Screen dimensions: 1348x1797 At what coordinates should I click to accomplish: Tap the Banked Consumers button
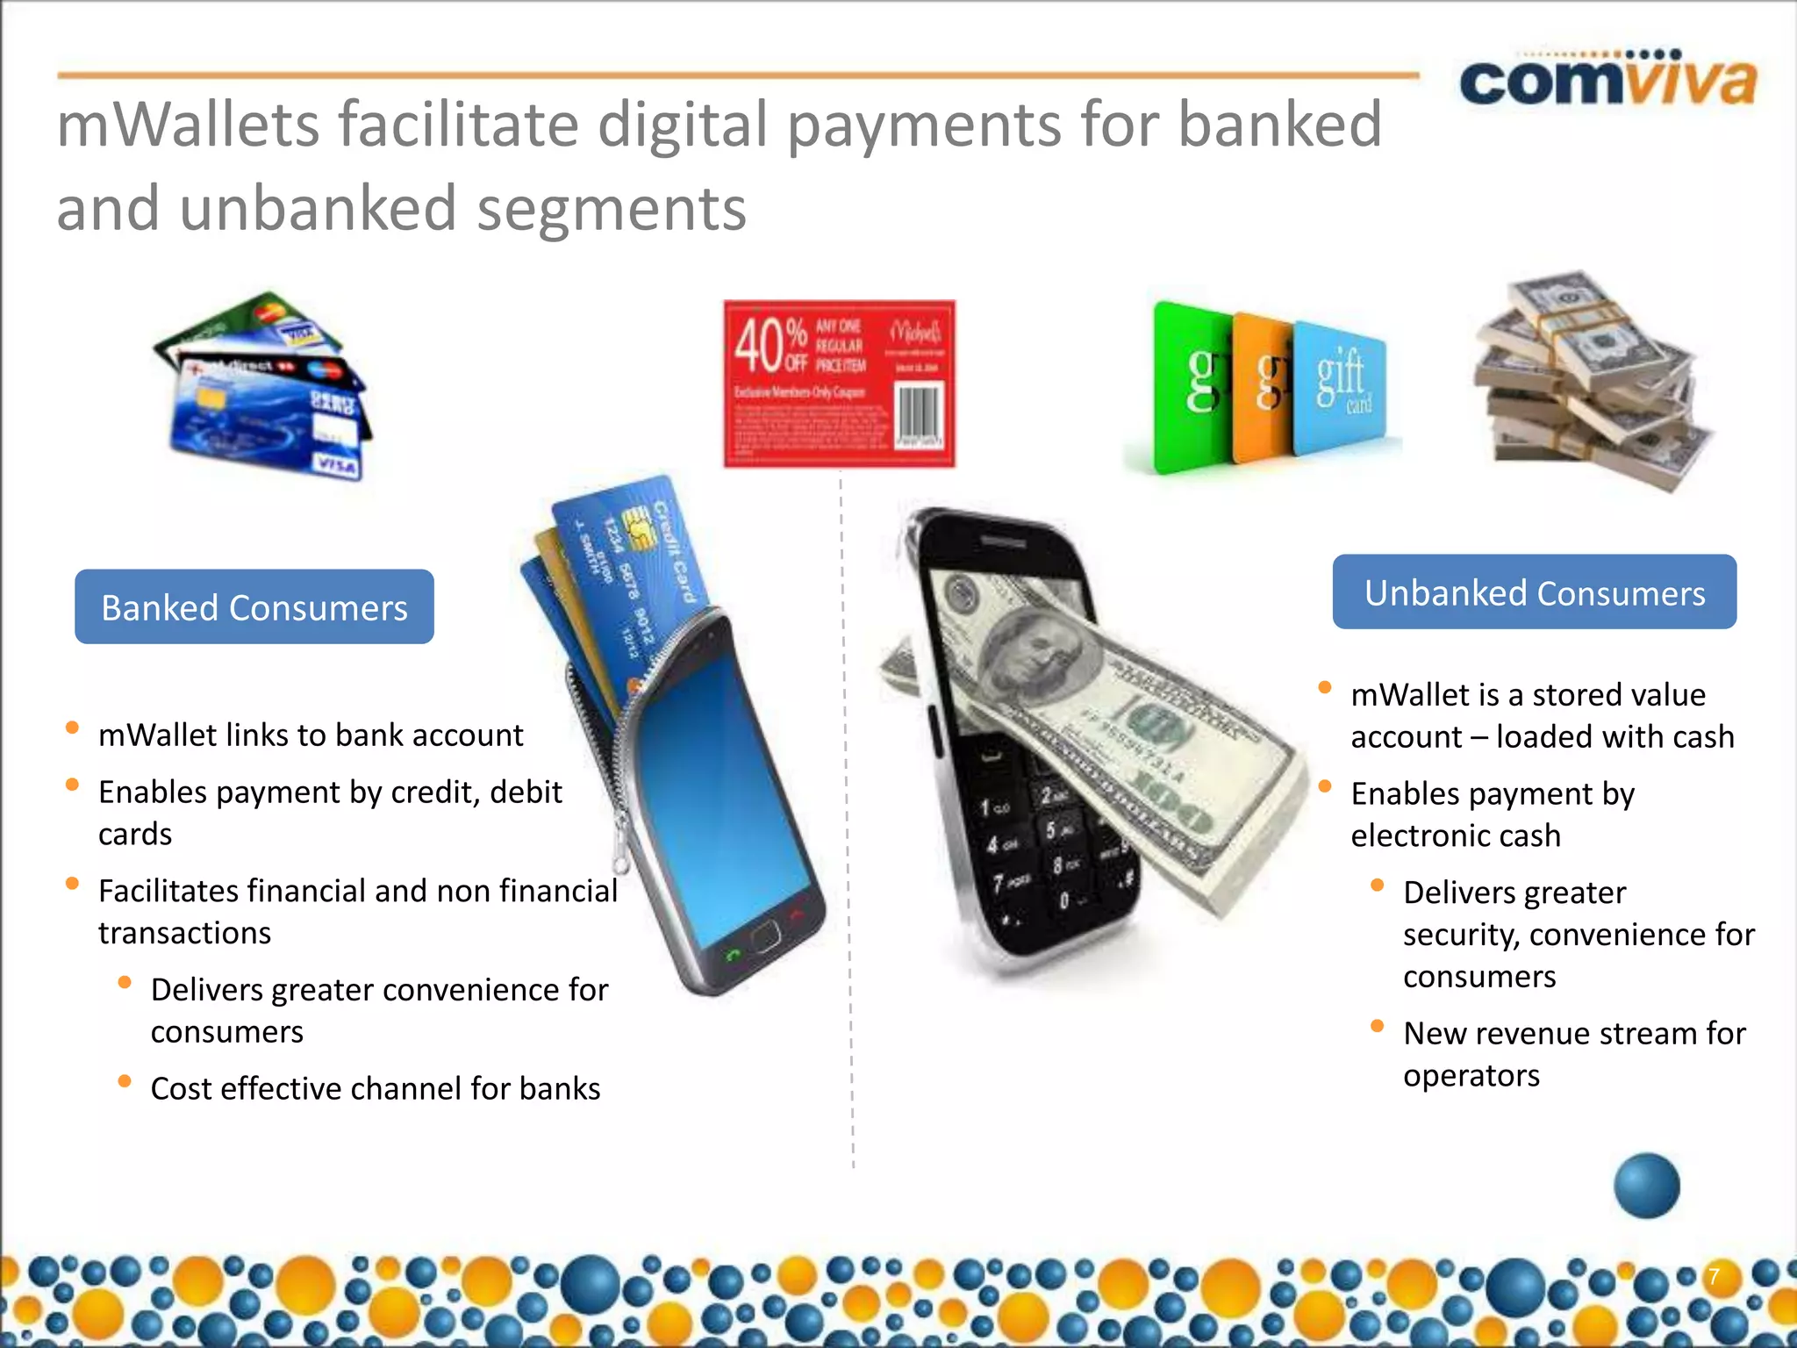254,607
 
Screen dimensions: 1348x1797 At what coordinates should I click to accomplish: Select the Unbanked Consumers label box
1534,592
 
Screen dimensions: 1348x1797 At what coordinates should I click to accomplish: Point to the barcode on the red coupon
919,413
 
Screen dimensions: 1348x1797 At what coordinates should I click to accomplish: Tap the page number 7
1713,1276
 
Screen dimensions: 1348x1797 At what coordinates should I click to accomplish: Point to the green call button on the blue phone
733,954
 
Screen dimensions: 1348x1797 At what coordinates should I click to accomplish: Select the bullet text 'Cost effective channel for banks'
376,1089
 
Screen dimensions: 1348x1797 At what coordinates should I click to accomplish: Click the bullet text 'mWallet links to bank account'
311,735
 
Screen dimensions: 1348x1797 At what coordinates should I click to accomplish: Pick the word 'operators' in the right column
1471,1076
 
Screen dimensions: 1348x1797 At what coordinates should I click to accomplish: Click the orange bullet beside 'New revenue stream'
1378,1026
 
